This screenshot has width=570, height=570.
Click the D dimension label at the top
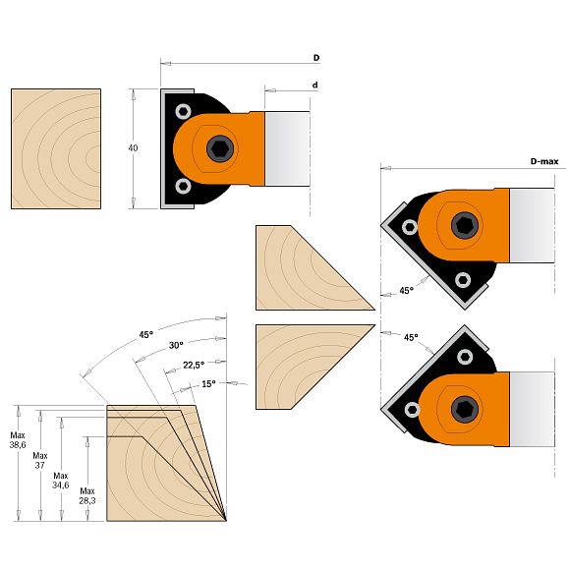(316, 58)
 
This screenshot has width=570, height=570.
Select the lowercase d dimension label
(315, 85)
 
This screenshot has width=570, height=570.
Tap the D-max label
(544, 161)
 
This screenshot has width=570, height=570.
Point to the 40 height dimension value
(133, 148)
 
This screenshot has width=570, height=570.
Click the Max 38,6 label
(18, 440)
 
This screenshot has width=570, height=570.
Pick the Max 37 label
(40, 460)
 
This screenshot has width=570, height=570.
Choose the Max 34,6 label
(61, 481)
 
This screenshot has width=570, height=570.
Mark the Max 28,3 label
(87, 496)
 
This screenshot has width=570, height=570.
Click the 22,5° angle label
(194, 365)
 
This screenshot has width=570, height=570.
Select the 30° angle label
(176, 345)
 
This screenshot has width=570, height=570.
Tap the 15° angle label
(208, 384)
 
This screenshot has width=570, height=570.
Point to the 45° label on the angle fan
(146, 334)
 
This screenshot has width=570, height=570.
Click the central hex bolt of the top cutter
(220, 148)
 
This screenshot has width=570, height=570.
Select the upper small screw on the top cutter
(183, 112)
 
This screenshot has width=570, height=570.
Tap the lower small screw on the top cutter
(183, 186)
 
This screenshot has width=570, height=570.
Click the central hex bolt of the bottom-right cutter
(465, 410)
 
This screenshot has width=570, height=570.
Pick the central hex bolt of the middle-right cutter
(465, 225)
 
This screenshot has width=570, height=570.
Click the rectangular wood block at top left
(56, 148)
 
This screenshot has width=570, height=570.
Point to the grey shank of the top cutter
(287, 148)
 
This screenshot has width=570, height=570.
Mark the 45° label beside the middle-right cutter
(407, 291)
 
